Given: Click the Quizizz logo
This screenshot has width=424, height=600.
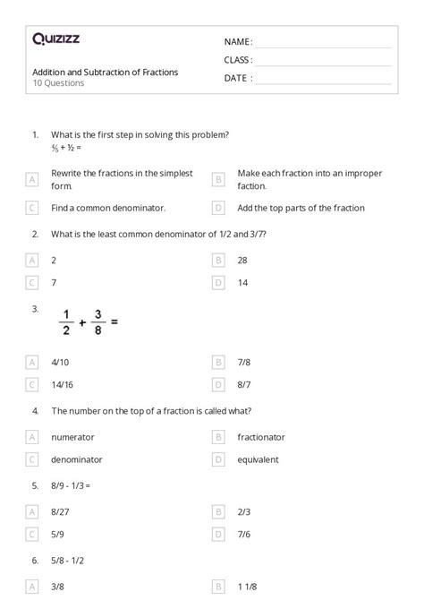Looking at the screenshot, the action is (55, 39).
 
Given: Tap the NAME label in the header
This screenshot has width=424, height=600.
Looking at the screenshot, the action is (237, 42).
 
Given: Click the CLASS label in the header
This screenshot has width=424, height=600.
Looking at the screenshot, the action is (238, 60).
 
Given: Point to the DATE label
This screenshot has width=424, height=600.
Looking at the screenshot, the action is (237, 78).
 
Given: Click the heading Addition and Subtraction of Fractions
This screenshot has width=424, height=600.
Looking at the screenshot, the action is (105, 72).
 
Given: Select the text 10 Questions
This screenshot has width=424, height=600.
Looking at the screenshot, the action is (58, 83).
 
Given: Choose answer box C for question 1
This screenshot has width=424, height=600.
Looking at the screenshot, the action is (33, 208).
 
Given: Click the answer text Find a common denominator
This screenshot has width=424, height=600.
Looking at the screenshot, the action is (108, 208).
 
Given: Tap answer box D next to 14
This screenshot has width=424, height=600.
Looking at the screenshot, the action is (218, 282).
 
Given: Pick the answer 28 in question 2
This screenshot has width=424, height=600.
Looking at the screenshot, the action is (242, 260).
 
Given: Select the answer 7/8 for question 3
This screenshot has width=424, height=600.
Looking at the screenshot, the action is (243, 363).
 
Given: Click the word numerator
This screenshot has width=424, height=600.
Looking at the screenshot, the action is (72, 437).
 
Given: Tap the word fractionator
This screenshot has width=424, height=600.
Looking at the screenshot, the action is (261, 437).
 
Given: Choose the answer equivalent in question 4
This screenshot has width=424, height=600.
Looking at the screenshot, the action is (259, 459).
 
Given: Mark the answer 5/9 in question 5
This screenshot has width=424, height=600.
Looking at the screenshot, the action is (58, 534).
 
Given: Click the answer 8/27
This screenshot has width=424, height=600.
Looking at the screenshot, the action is (60, 511).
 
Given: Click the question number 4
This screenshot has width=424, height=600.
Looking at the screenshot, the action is (35, 411).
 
